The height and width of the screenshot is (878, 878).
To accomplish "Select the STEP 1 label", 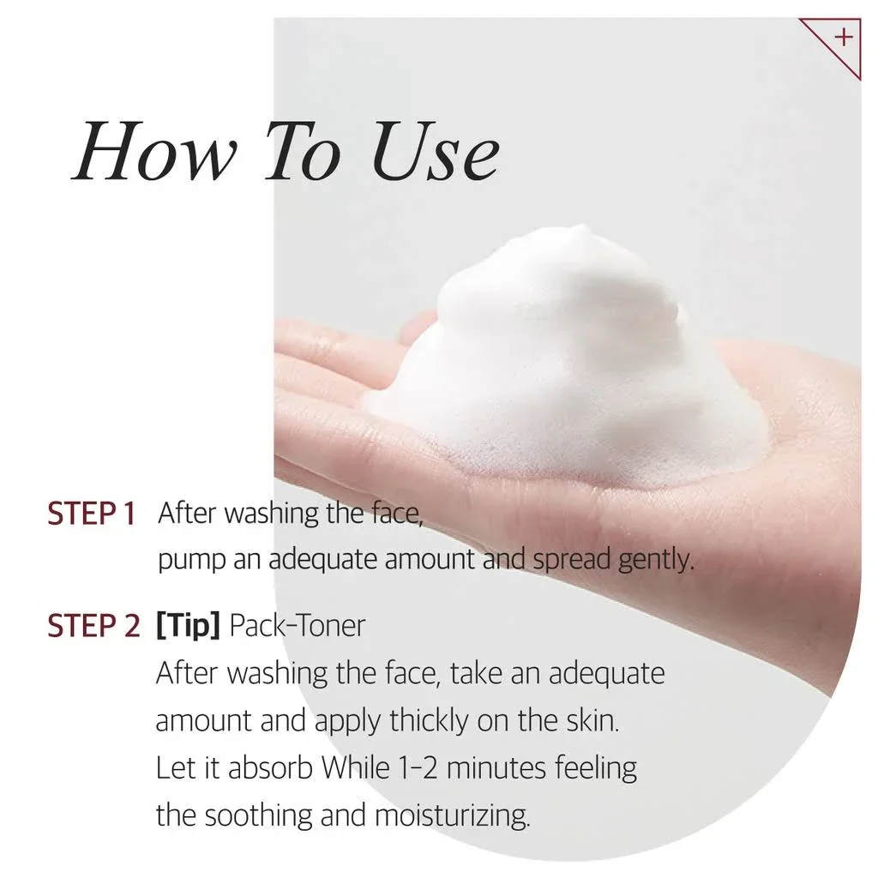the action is [x=91, y=514].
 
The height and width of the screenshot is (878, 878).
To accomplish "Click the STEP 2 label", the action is [x=93, y=625].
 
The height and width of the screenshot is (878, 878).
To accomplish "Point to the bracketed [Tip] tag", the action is [x=188, y=625].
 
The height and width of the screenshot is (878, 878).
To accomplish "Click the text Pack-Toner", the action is [x=298, y=625].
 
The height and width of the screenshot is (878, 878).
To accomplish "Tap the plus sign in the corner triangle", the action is [x=843, y=38].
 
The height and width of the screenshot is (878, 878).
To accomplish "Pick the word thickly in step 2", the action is [x=429, y=720].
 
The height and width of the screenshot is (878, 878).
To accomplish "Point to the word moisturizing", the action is [x=452, y=816].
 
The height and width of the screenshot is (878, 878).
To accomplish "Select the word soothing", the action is [x=258, y=816].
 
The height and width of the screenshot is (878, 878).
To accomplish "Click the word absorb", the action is [x=270, y=767].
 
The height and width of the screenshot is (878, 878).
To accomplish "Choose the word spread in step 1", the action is [x=570, y=561].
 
